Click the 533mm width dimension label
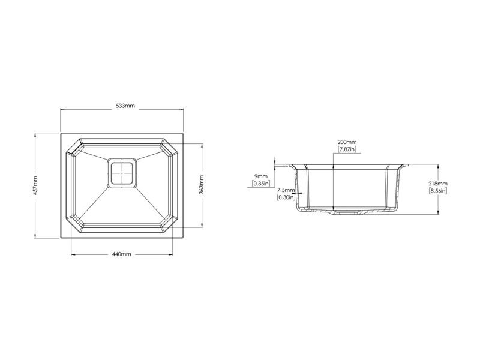click(x=125, y=106)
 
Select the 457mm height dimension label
click(x=35, y=185)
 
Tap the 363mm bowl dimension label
click(x=201, y=184)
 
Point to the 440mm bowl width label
click(x=122, y=254)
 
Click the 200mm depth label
click(x=347, y=142)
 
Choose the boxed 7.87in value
click(x=347, y=149)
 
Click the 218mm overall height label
click(x=438, y=184)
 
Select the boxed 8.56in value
click(x=438, y=191)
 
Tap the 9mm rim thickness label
click(x=261, y=176)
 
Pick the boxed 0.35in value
click(x=261, y=184)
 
